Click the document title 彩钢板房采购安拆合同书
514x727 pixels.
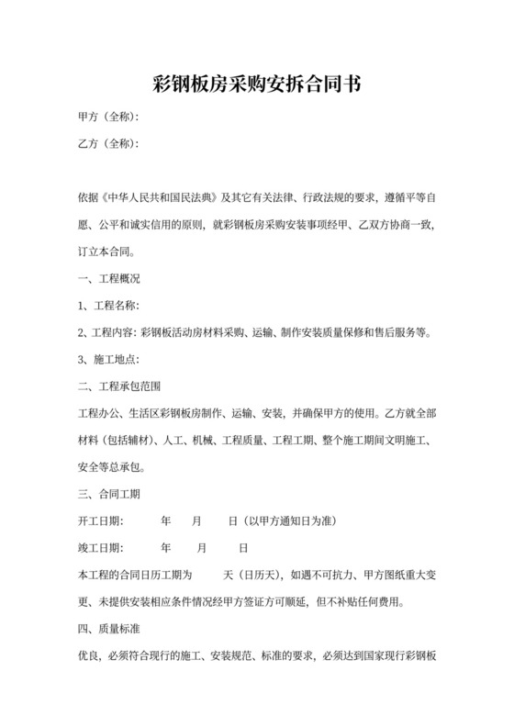point(257,85)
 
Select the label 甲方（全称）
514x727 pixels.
point(108,117)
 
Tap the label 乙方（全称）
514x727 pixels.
point(108,144)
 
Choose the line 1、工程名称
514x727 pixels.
point(108,305)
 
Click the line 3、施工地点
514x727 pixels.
point(108,359)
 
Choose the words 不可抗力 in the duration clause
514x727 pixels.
point(330,576)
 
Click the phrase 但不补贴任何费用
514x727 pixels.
point(359,603)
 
